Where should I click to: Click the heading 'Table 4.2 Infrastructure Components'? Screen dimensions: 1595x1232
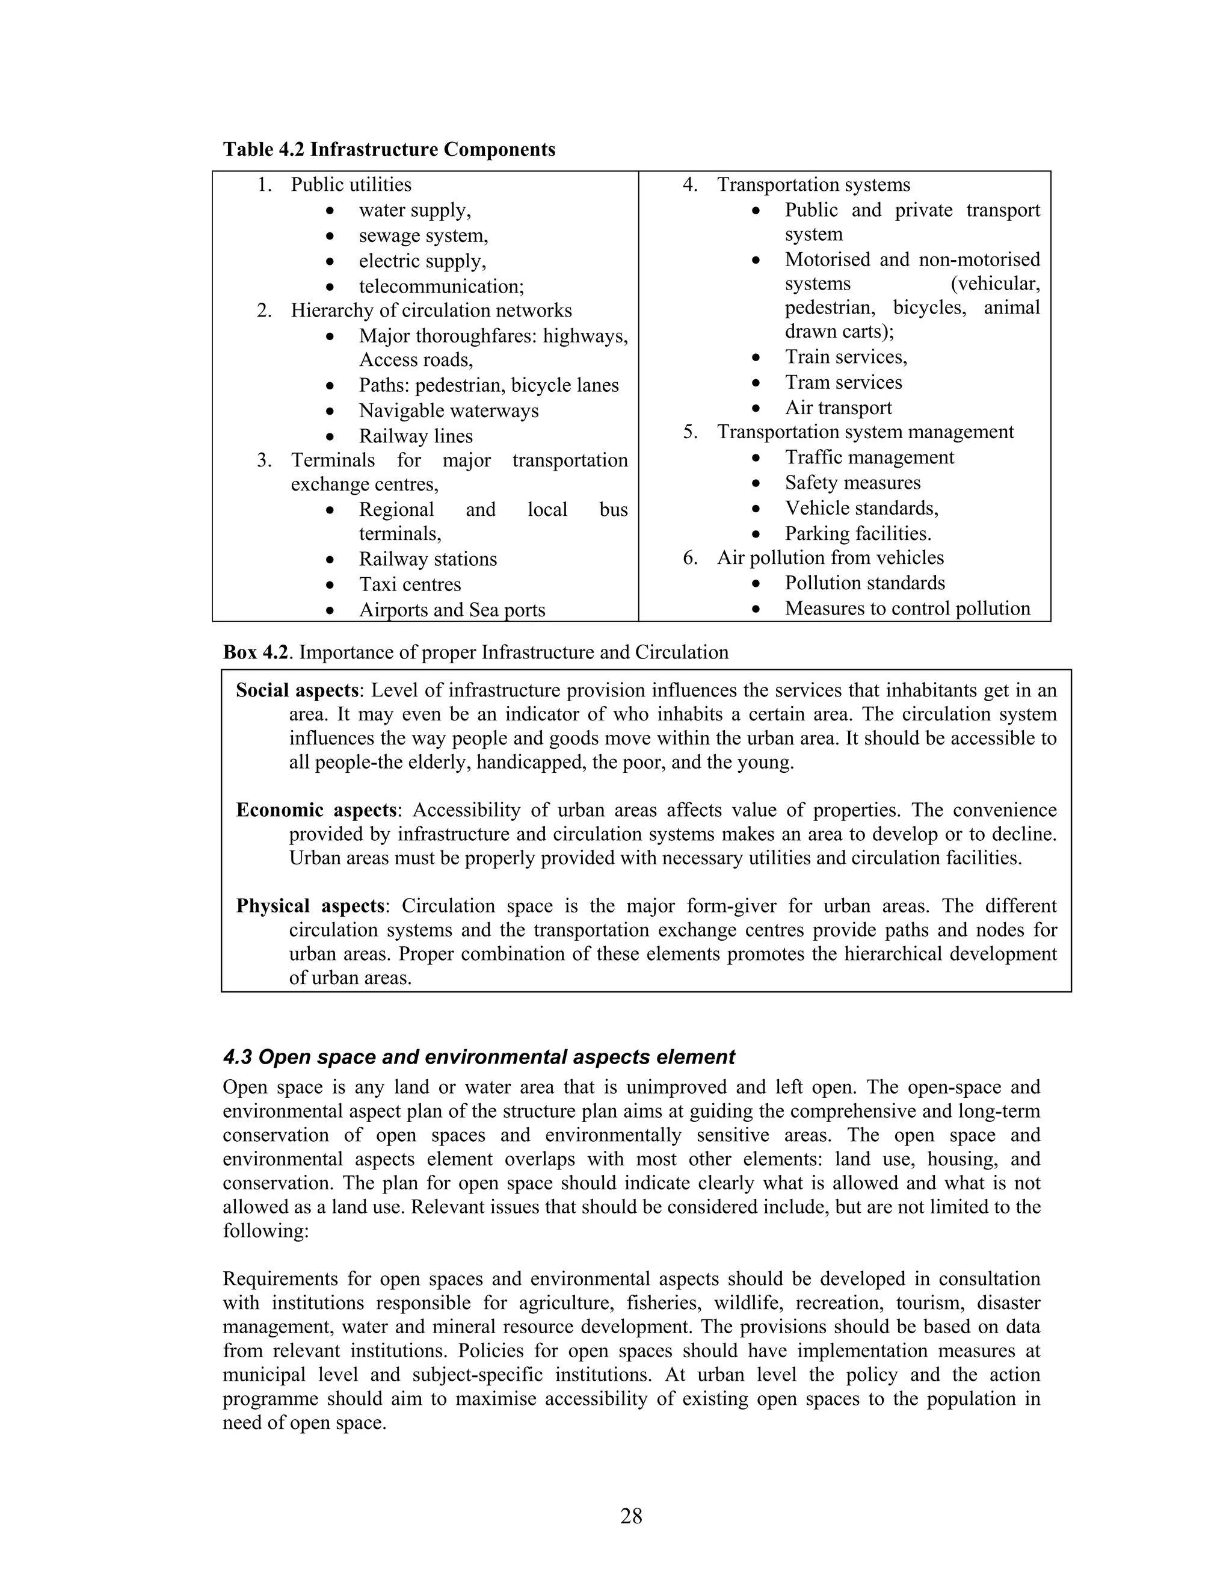click(389, 150)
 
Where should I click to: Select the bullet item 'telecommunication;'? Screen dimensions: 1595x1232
click(441, 286)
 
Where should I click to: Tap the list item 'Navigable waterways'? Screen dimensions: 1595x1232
click(448, 410)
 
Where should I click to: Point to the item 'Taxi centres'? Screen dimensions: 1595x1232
click(410, 584)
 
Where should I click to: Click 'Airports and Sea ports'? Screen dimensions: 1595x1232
click(452, 610)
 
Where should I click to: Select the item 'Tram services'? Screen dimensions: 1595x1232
click(843, 382)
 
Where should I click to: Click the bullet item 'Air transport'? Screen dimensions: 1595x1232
click(838, 407)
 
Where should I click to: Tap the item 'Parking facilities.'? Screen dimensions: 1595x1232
click(858, 533)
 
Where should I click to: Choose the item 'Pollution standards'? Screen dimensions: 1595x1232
click(864, 583)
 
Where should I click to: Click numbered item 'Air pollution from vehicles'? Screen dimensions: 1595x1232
click(830, 558)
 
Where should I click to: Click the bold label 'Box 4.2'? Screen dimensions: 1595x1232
click(257, 652)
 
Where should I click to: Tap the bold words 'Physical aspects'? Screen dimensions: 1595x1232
click(310, 906)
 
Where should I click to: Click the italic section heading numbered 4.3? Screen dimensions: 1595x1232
click(479, 1057)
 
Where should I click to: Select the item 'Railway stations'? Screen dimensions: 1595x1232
click(428, 559)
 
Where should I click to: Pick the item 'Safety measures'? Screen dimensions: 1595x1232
click(852, 483)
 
